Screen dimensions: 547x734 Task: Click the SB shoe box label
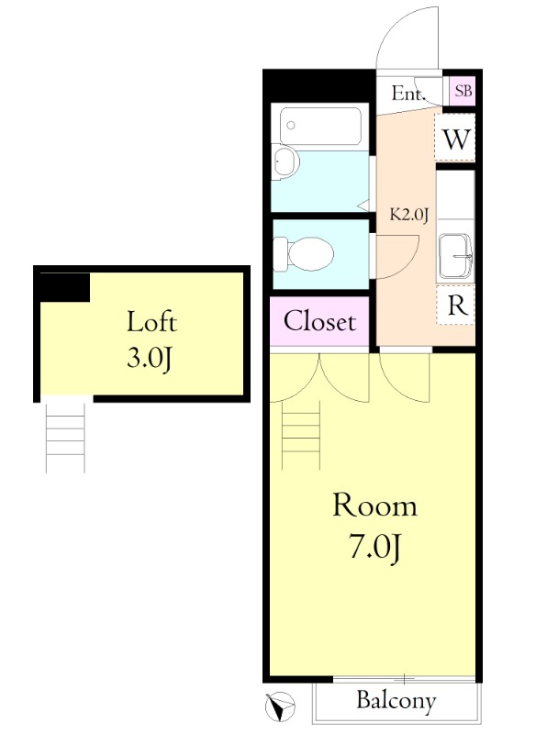(x=463, y=91)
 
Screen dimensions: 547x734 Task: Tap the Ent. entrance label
(x=407, y=94)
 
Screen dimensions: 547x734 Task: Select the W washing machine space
(x=455, y=139)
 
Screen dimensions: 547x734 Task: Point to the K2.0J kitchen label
(x=409, y=215)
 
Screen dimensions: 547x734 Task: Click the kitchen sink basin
(x=455, y=257)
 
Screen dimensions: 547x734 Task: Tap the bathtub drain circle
(x=291, y=126)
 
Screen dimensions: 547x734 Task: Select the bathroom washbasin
(x=285, y=161)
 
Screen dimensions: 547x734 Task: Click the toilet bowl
(x=310, y=254)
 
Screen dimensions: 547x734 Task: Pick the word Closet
(x=320, y=321)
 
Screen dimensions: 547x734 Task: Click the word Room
(x=374, y=506)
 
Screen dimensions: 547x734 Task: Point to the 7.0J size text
(x=374, y=547)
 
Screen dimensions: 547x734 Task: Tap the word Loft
(x=152, y=322)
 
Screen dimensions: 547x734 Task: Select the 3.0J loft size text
(x=150, y=359)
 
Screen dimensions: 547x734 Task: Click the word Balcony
(x=396, y=701)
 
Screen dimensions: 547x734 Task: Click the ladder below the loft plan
(x=65, y=438)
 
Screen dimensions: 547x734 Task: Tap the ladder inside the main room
(x=301, y=435)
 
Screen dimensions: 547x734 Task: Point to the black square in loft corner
(x=64, y=287)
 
